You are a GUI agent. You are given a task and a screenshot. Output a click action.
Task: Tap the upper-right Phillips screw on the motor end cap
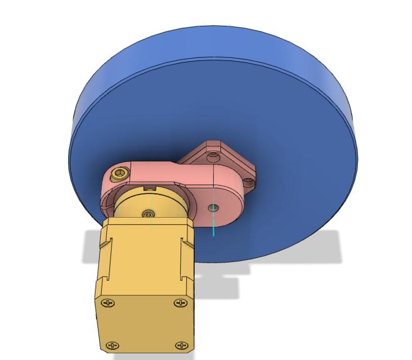click(x=180, y=303)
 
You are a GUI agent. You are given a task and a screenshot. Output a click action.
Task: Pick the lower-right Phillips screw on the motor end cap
click(x=181, y=345)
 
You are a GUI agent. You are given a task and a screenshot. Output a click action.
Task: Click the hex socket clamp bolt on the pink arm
click(x=119, y=173)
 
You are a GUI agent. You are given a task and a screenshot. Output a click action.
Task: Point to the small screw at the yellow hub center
click(x=148, y=213)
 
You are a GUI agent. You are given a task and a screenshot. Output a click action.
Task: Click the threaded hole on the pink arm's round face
click(x=213, y=208)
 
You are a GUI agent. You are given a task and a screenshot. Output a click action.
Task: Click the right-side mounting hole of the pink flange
click(x=248, y=182)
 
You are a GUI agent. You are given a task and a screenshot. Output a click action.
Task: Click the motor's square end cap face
click(x=144, y=323)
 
